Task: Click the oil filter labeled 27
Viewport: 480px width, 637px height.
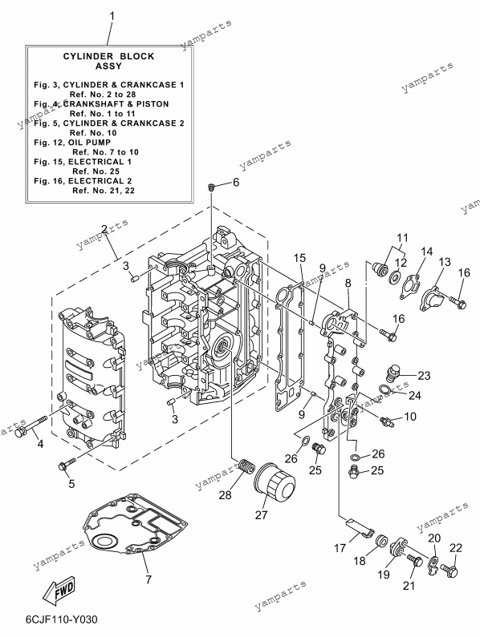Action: click(x=274, y=484)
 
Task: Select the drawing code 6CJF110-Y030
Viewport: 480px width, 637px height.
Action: click(x=62, y=619)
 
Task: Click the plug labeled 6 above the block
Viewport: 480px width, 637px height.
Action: click(x=211, y=187)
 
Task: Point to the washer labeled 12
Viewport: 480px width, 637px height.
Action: click(x=394, y=278)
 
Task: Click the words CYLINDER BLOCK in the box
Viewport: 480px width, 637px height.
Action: click(x=108, y=56)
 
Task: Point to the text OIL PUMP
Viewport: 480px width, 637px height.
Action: click(x=90, y=142)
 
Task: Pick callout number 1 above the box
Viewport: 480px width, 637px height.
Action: click(x=112, y=18)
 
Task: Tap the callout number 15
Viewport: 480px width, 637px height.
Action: click(x=299, y=257)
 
